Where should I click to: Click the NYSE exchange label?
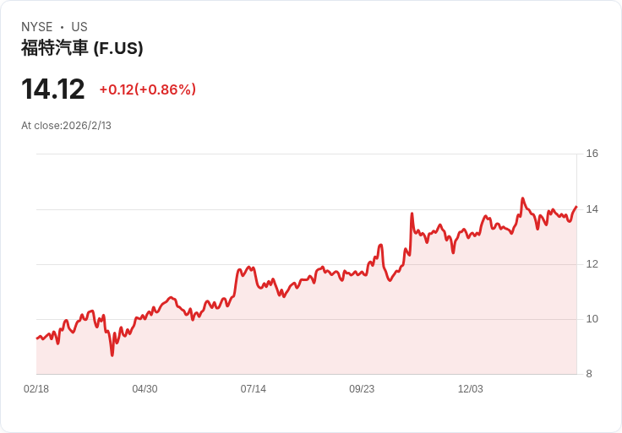(x=37, y=27)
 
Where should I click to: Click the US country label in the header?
(x=79, y=27)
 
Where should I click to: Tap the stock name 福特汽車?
(x=54, y=48)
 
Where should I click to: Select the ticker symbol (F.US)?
(x=117, y=48)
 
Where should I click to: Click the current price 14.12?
(x=52, y=89)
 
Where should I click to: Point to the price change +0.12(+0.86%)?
(x=147, y=89)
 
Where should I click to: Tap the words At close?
(x=41, y=126)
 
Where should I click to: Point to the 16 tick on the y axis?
(x=592, y=154)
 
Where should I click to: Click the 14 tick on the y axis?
(x=592, y=209)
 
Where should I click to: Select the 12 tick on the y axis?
(x=592, y=264)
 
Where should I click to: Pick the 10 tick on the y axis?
(x=592, y=319)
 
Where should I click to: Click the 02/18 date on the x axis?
(x=36, y=389)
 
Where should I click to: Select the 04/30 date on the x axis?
(x=145, y=389)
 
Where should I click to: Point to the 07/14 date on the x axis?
(x=253, y=389)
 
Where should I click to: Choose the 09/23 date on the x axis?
(x=362, y=389)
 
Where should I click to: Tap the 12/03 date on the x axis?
(x=470, y=389)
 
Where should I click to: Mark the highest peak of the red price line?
(x=522, y=198)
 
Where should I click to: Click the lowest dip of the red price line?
(x=112, y=355)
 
